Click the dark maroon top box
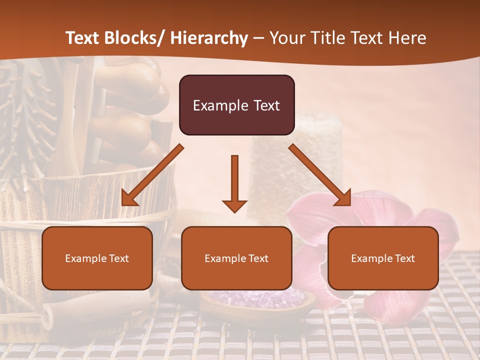point(236,105)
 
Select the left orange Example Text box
point(97,258)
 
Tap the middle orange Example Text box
point(236,258)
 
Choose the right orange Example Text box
point(383,258)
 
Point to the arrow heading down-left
point(152,175)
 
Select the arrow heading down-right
point(320,175)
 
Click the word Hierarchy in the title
point(209,38)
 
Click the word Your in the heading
point(286,38)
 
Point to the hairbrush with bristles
point(30,115)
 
